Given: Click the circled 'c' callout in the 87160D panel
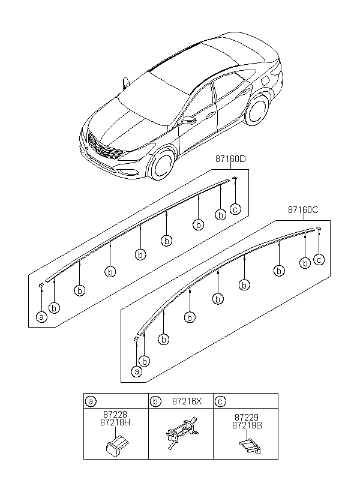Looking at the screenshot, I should (236, 209).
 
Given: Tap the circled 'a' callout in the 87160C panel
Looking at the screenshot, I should (136, 371).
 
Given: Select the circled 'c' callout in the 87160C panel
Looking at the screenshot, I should (319, 260).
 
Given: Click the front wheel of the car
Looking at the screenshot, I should (161, 164).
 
